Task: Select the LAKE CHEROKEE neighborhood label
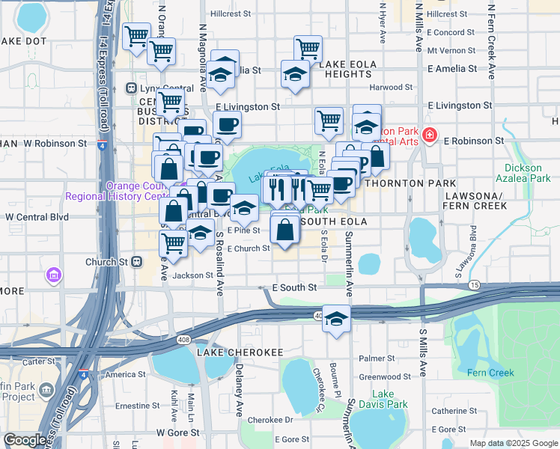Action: [230, 352]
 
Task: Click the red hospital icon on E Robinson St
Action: [430, 135]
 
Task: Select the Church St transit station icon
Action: [136, 262]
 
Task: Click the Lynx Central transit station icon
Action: [132, 88]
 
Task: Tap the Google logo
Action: [25, 441]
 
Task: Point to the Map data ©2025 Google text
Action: [513, 443]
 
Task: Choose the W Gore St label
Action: [178, 433]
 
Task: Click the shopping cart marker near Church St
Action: [174, 242]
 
